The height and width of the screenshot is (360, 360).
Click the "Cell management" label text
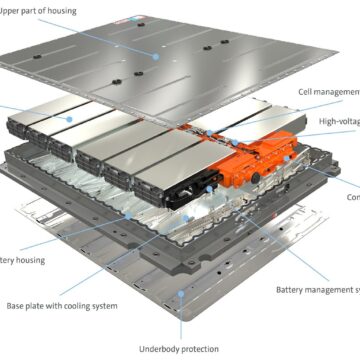point(329,91)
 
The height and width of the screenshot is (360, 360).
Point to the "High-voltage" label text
point(339,120)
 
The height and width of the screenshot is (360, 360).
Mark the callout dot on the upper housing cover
point(157,58)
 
